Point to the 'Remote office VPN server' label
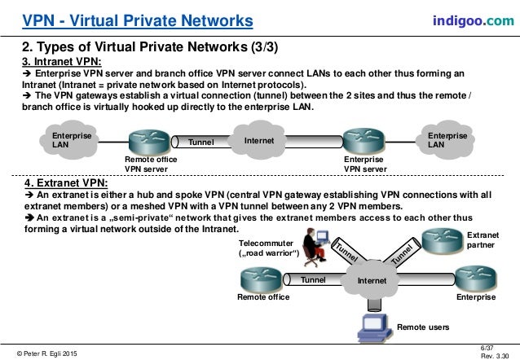pyautogui.click(x=150, y=165)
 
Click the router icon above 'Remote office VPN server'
pyautogui.click(x=150, y=141)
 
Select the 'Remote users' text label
pyautogui.click(x=423, y=327)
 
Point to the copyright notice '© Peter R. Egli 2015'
pyautogui.click(x=47, y=352)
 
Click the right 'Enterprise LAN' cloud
pyautogui.click(x=447, y=139)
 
